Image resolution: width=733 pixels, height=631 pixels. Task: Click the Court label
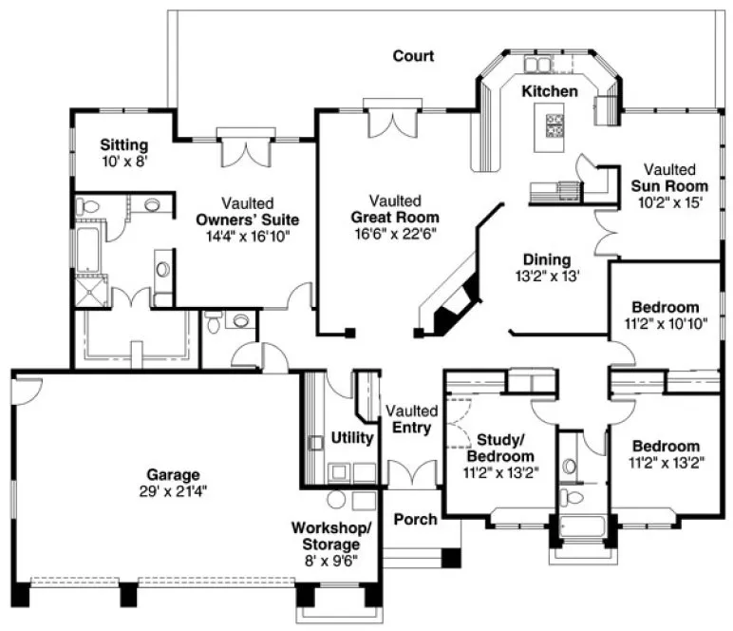pyautogui.click(x=413, y=56)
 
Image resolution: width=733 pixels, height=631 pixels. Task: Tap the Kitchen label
pyautogui.click(x=549, y=91)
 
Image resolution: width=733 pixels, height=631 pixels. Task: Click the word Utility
pyautogui.click(x=351, y=437)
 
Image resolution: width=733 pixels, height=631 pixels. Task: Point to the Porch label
pyautogui.click(x=416, y=519)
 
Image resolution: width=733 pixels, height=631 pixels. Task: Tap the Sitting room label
pyautogui.click(x=124, y=145)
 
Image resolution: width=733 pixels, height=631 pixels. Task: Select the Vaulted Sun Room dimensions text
pyautogui.click(x=670, y=202)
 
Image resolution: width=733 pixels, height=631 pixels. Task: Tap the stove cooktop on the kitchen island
pyautogui.click(x=554, y=124)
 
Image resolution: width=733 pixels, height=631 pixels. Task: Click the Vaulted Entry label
pyautogui.click(x=411, y=419)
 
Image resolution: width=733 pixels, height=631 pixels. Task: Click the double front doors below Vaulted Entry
pyautogui.click(x=411, y=473)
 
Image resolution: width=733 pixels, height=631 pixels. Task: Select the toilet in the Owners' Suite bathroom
pyautogui.click(x=87, y=206)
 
